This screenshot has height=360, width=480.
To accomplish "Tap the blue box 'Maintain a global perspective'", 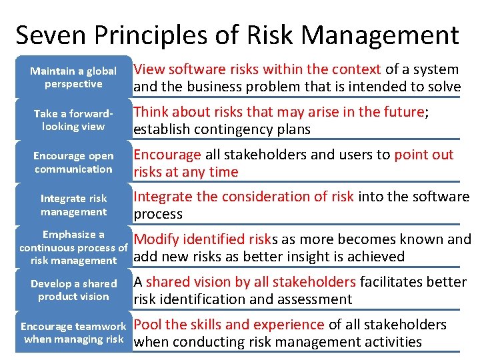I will coord(73,77).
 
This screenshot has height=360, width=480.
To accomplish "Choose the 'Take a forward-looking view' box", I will coord(73,120).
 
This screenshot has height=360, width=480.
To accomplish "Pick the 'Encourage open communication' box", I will coord(73,163).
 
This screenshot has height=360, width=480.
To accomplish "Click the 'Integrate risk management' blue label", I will coord(73,205).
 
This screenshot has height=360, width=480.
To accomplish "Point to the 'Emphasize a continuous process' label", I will coord(73,247).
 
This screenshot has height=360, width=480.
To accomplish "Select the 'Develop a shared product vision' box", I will coord(73,290).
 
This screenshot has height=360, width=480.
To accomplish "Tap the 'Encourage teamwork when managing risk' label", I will coord(73,333).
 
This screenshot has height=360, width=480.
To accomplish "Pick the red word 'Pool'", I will coord(148,325).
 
